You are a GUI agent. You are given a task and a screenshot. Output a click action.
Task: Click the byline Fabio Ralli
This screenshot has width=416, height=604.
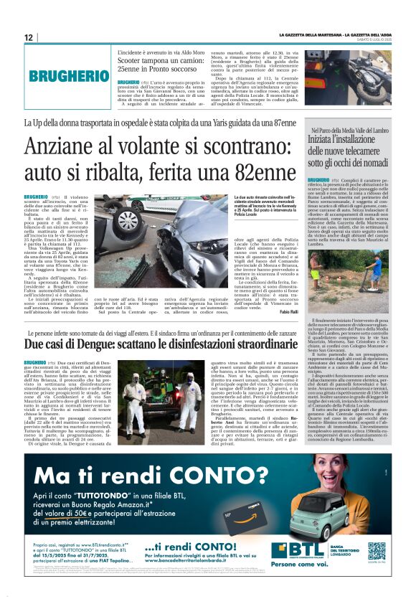[287, 311]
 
